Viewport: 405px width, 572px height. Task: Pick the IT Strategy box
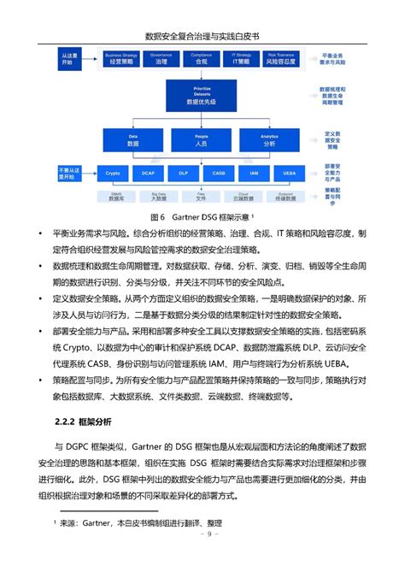pyautogui.click(x=240, y=60)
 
